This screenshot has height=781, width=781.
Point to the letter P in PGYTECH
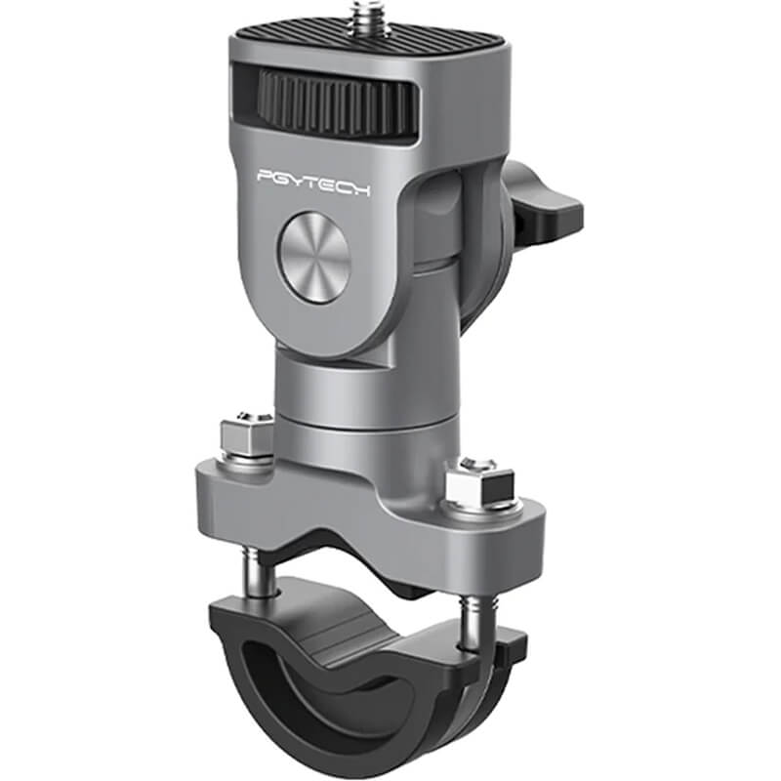(x=267, y=178)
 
